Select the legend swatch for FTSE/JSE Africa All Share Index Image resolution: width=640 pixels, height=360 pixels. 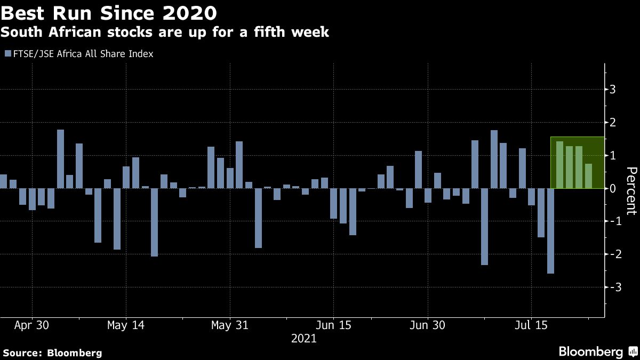coord(7,54)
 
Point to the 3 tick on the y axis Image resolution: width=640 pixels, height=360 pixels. coord(613,90)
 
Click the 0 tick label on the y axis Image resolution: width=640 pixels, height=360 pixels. coord(613,188)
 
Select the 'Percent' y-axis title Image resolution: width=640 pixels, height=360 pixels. coord(631,190)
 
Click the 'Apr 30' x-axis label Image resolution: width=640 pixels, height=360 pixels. coord(32,324)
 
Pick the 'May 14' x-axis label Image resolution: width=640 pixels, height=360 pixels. coord(125,324)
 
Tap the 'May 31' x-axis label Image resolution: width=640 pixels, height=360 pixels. coord(229,324)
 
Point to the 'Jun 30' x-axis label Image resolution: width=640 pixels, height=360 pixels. coord(428,324)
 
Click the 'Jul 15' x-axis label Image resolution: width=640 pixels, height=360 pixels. coord(531,324)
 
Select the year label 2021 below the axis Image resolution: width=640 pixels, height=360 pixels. coord(304,338)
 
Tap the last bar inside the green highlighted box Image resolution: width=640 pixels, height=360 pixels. coord(588,176)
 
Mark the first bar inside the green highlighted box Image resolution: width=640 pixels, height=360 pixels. coord(559,165)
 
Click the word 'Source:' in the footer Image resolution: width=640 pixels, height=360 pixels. coord(23,353)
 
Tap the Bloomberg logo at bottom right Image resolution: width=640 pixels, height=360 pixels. coord(597,351)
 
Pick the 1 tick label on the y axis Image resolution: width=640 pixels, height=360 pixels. coord(613,155)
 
